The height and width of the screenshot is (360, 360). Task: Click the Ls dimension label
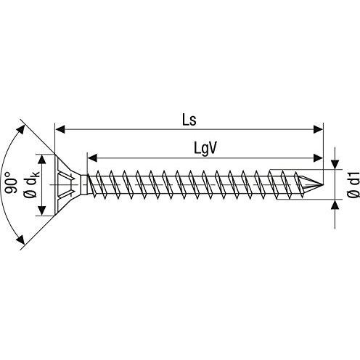pos(189,120)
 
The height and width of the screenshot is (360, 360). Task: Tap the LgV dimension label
pos(205,148)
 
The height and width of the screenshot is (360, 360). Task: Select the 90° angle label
pos(11,183)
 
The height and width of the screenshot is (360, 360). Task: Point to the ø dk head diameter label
pos(30,184)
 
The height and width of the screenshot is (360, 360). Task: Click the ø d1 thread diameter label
pos(353,185)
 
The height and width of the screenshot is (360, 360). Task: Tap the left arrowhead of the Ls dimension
pos(60,129)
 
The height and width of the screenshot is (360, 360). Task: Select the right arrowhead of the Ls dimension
pos(318,129)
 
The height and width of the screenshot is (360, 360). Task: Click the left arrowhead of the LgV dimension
pos(92,158)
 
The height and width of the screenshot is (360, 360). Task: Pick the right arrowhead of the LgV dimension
pos(318,158)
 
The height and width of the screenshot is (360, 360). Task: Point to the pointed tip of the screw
pos(323,185)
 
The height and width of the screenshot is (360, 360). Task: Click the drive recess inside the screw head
pos(66,185)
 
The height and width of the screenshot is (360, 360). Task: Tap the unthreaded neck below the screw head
pos(84,184)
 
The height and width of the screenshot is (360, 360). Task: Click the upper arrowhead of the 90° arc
pos(21,130)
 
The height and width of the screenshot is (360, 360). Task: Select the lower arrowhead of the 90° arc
pos(21,240)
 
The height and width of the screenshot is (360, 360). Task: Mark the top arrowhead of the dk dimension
pos(42,160)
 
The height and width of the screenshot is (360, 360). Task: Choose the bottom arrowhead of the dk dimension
pos(42,210)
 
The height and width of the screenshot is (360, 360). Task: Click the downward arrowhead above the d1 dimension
pos(335,165)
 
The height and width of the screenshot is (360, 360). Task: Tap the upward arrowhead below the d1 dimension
pos(335,205)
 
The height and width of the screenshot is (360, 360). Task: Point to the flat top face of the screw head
pos(55,185)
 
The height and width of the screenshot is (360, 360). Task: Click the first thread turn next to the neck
pos(92,184)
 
